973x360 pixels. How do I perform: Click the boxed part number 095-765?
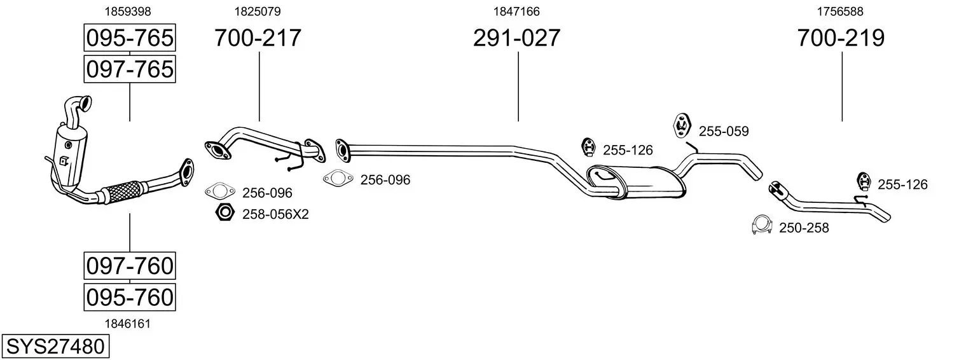pos(130,38)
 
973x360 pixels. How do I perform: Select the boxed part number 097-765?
pos(130,69)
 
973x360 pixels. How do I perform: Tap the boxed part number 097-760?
pos(130,266)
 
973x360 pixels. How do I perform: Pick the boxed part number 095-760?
pos(130,298)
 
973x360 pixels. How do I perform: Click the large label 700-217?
pos(258,38)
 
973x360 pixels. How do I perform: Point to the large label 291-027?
pos(516,38)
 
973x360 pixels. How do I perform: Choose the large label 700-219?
pos(841,38)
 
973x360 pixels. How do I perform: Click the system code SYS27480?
pos(55,347)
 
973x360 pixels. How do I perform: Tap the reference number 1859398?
pos(128,11)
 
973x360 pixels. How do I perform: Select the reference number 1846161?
pos(128,324)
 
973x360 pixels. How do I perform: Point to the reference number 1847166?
pos(516,11)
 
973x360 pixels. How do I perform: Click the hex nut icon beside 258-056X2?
pos(225,212)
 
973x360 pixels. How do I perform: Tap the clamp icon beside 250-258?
pos(761,225)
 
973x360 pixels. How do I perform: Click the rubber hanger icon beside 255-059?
pos(682,125)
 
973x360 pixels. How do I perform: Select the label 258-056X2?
pos(275,214)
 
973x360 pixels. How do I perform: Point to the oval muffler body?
pos(637,183)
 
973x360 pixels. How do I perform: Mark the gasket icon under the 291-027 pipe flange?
pos(338,178)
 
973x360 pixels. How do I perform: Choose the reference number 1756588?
pos(840,11)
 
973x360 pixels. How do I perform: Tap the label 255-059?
pos(724,131)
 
